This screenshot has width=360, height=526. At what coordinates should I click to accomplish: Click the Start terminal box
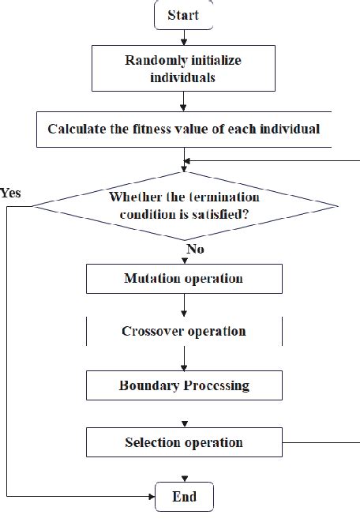pyautogui.click(x=184, y=15)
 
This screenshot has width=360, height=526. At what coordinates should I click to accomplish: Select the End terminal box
pyautogui.click(x=184, y=497)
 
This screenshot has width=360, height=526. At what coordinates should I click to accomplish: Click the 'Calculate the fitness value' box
pyautogui.click(x=184, y=129)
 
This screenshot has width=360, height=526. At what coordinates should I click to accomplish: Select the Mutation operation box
pyautogui.click(x=184, y=279)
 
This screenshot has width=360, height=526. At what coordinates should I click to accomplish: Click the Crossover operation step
pyautogui.click(x=184, y=331)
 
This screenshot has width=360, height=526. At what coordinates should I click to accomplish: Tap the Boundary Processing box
pyautogui.click(x=184, y=386)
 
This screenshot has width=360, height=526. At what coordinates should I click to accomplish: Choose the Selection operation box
pyautogui.click(x=184, y=442)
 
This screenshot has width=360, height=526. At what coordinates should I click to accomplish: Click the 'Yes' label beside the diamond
pyautogui.click(x=10, y=192)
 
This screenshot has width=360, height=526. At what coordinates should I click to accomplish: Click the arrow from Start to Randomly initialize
pyautogui.click(x=184, y=36)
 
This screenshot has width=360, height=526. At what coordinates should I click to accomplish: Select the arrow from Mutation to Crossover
pyautogui.click(x=184, y=305)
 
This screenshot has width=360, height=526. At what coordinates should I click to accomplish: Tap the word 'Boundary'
pyautogui.click(x=150, y=386)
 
